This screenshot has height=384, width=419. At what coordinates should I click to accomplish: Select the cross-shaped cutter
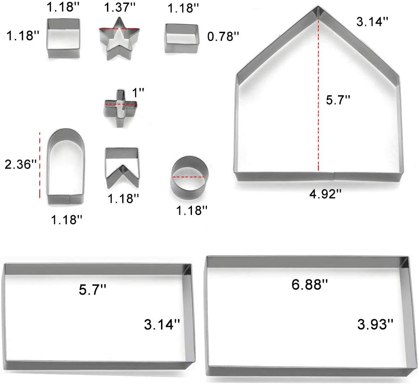click(x=120, y=105)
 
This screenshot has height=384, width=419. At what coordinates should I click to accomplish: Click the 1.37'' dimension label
click(x=119, y=8)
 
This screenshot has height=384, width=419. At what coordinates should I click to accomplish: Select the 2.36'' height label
click(x=18, y=164)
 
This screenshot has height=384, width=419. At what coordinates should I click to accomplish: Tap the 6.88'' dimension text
click(x=310, y=284)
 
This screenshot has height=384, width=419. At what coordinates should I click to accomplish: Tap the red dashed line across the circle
click(x=188, y=176)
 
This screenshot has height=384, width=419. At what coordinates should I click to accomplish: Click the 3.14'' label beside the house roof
click(x=372, y=22)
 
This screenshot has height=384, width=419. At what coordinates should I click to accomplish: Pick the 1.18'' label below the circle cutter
click(x=192, y=209)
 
